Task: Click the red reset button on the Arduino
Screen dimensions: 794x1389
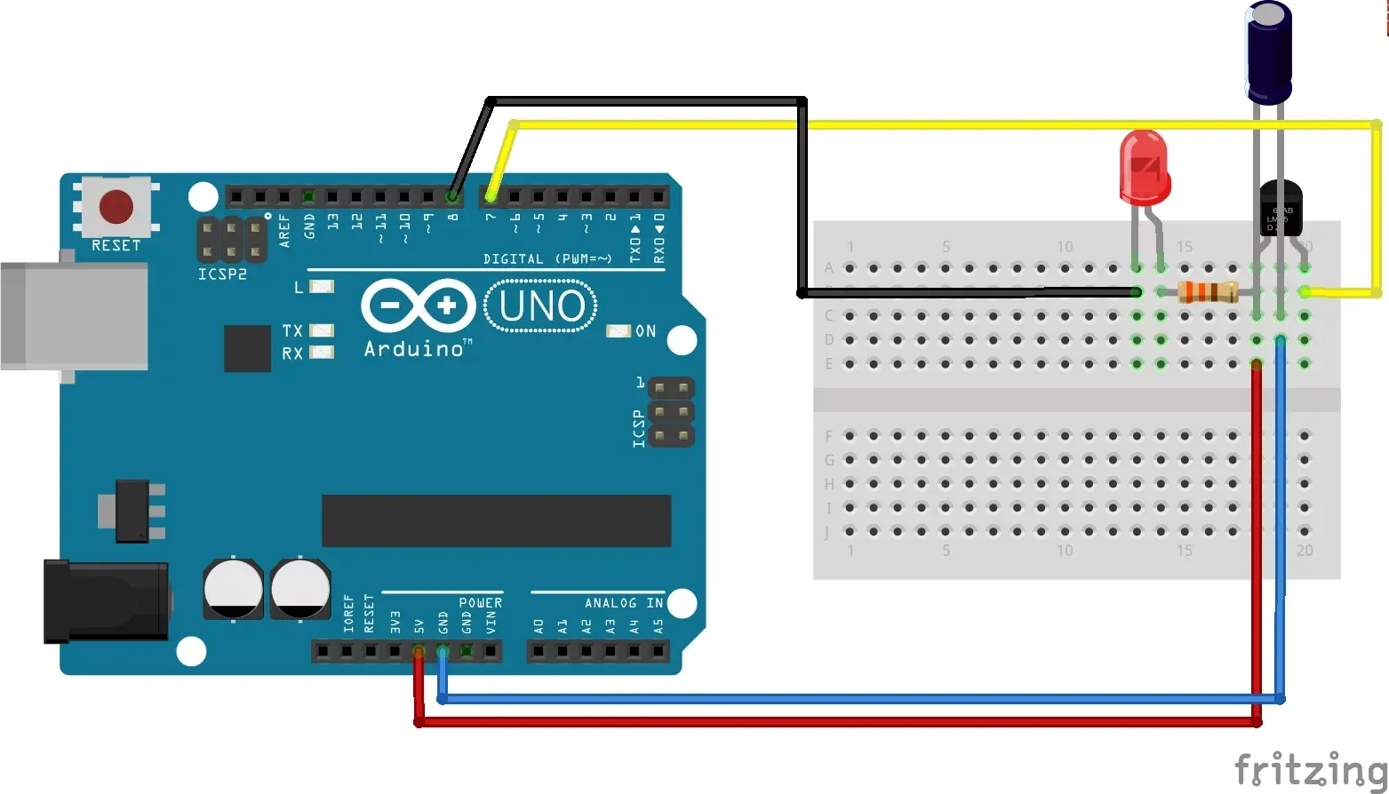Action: point(116,206)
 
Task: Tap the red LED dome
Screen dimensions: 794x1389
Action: point(1144,164)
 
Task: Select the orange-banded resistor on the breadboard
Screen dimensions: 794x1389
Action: point(1208,291)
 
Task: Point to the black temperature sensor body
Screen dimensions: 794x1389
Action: point(1281,208)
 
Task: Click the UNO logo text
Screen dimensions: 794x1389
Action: point(541,306)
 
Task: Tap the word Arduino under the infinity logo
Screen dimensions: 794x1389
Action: point(414,349)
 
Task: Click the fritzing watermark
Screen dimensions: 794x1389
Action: point(1310,769)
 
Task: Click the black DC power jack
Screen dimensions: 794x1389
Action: point(106,600)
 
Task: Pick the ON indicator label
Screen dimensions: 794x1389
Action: point(646,331)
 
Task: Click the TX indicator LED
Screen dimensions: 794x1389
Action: point(321,330)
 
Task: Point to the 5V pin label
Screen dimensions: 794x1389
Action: point(419,625)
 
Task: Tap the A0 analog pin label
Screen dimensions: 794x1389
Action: point(539,625)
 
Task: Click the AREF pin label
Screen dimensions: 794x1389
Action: point(285,230)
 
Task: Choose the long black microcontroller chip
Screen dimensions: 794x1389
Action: point(496,520)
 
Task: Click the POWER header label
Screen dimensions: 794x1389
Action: point(480,603)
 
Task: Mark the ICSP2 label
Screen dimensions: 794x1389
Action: point(222,274)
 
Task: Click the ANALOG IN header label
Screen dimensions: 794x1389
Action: point(623,603)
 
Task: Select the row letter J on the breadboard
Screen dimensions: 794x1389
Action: point(827,533)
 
